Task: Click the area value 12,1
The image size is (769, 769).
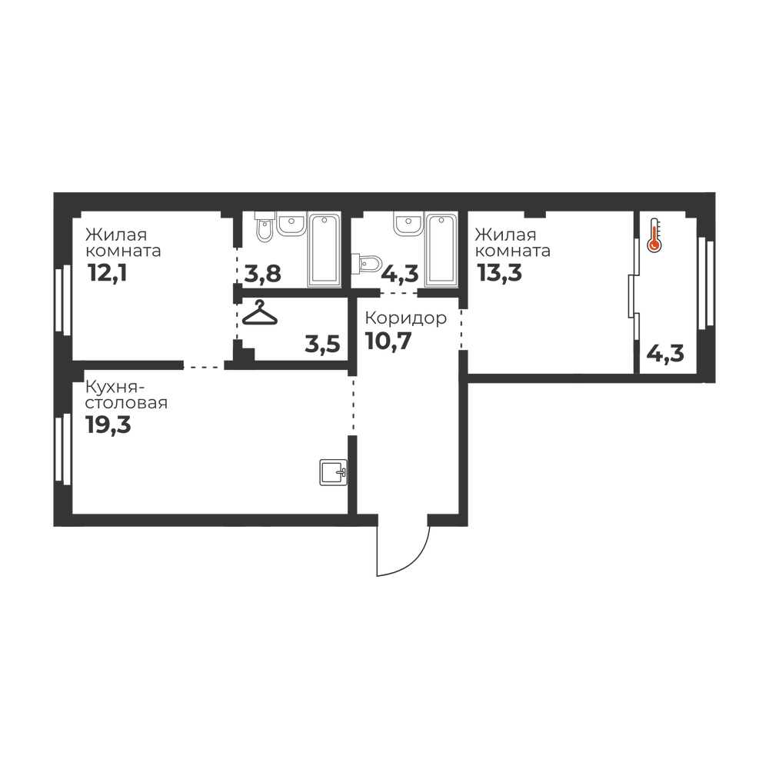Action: (x=108, y=273)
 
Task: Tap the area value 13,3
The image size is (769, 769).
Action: (x=500, y=273)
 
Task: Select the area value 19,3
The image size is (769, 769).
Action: (x=108, y=424)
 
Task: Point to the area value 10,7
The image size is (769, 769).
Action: (x=388, y=341)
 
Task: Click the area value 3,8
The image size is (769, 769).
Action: (x=263, y=275)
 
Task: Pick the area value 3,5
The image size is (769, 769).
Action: (x=322, y=344)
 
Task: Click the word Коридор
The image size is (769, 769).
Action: (x=405, y=318)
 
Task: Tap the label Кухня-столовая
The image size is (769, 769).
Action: (x=127, y=394)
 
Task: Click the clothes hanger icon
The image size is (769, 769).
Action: (x=260, y=312)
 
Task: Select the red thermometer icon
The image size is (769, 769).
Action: (x=654, y=236)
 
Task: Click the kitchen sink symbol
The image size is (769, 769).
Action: (x=334, y=472)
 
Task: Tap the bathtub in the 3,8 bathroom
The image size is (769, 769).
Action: (x=325, y=250)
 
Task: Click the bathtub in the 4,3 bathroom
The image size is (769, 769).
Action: (x=441, y=250)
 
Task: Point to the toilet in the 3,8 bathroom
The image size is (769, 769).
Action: (x=265, y=226)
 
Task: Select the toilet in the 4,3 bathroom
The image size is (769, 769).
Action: (x=367, y=263)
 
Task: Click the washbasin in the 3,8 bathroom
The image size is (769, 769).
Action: (x=291, y=224)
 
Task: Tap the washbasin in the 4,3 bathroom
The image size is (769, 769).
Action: (x=408, y=224)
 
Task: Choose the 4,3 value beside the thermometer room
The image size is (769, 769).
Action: (x=665, y=353)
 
